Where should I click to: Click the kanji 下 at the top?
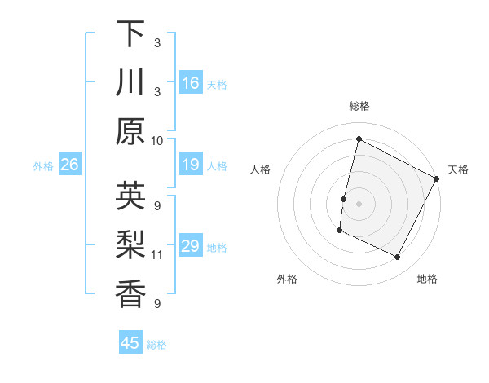click(x=130, y=35)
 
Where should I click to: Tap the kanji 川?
click(x=130, y=83)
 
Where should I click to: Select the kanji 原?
click(x=130, y=130)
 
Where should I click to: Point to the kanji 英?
click(x=130, y=196)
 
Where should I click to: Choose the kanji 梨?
click(x=130, y=244)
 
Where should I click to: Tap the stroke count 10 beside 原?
click(x=157, y=140)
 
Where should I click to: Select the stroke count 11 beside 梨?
click(x=157, y=255)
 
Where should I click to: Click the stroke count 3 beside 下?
click(x=156, y=43)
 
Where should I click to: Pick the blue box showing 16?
click(x=191, y=83)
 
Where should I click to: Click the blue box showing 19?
click(x=191, y=165)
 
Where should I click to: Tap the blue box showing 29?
click(x=191, y=247)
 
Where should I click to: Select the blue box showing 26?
click(x=69, y=165)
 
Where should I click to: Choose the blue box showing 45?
click(x=130, y=343)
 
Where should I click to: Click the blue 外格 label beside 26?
click(x=43, y=166)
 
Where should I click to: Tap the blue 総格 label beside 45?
click(x=156, y=345)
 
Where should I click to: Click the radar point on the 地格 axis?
click(x=398, y=258)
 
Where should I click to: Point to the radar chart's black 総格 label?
click(x=359, y=106)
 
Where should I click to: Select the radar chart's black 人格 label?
click(x=261, y=169)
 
